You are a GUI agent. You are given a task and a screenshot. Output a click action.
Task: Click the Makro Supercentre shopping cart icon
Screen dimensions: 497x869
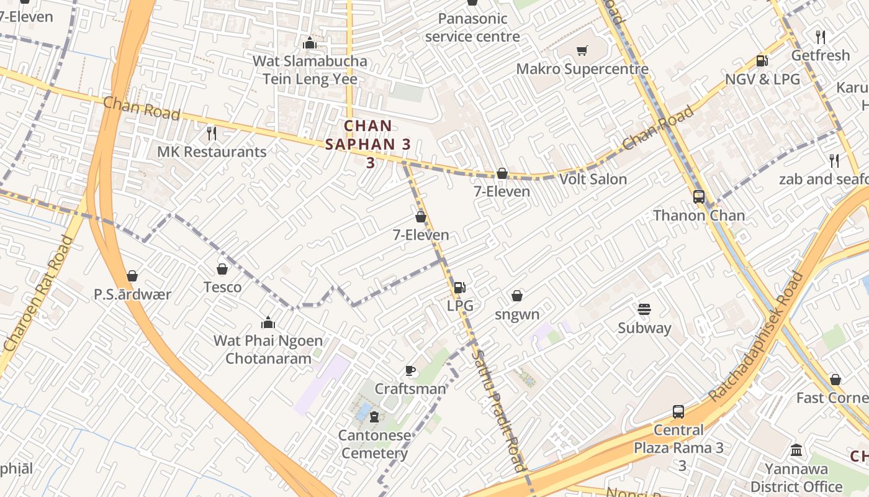tap(582, 51)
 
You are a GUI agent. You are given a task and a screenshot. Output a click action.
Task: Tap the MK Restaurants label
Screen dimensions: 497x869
tap(212, 152)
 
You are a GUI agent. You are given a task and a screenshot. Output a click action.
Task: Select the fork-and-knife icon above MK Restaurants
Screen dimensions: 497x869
tap(212, 133)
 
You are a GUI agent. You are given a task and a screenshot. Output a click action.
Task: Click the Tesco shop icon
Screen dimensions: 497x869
tap(222, 269)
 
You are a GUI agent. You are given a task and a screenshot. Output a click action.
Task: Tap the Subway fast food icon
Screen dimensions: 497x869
tap(644, 309)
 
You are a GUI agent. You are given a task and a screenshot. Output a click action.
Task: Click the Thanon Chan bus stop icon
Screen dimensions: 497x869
tap(699, 197)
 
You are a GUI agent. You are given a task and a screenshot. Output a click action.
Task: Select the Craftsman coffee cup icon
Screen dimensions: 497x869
tap(410, 371)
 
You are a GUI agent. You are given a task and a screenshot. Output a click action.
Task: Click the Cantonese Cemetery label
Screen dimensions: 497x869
tap(374, 444)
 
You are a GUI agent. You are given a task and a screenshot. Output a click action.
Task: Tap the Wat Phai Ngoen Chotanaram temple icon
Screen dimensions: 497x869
tap(268, 322)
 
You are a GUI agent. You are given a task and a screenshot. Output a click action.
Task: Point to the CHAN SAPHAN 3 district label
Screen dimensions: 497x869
tap(369, 144)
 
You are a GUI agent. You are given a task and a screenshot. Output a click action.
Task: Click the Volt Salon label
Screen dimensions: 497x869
tap(593, 180)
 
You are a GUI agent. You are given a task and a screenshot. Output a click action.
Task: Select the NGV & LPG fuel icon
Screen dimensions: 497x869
tap(762, 61)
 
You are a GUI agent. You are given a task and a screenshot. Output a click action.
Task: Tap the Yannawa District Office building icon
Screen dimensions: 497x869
tap(796, 450)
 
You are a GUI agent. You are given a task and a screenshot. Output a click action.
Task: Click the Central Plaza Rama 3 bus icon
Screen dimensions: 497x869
tap(678, 411)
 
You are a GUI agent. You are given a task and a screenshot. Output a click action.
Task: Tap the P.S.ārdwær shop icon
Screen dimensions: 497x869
tap(132, 276)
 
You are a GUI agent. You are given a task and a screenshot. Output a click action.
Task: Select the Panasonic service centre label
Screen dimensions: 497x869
tap(472, 27)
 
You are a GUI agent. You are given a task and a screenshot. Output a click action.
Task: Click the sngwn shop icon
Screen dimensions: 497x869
tap(517, 296)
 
